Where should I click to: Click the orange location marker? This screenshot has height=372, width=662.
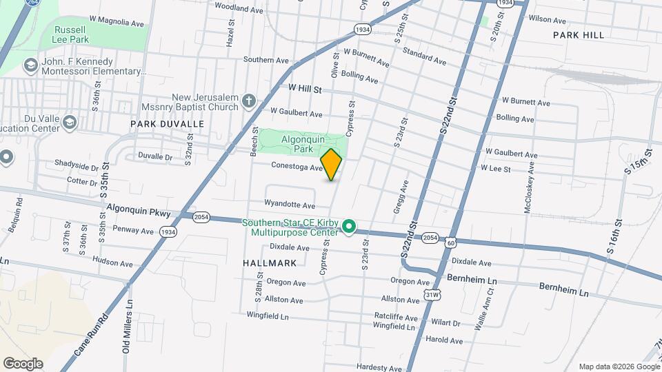click(331, 165)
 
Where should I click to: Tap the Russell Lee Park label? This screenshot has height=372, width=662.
click(70, 35)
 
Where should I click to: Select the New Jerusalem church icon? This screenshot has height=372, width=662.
click(249, 103)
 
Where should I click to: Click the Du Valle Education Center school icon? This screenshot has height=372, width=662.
click(69, 123)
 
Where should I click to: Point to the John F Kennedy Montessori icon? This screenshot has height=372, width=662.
click(30, 66)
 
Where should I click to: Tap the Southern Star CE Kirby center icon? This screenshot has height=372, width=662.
click(350, 226)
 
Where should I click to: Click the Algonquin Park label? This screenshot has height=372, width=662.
click(297, 143)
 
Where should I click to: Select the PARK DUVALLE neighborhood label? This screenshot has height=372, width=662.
click(167, 124)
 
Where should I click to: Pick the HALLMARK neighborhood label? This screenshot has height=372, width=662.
click(270, 263)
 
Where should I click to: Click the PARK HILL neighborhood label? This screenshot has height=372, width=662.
click(578, 35)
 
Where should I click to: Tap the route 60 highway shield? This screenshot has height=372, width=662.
click(450, 242)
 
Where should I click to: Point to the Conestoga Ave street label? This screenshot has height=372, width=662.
click(297, 167)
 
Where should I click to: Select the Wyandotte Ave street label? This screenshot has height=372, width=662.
click(290, 205)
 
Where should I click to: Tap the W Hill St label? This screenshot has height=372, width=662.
click(305, 89)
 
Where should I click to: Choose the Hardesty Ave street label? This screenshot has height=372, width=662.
click(379, 367)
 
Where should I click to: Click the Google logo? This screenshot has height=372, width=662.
click(23, 363)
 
